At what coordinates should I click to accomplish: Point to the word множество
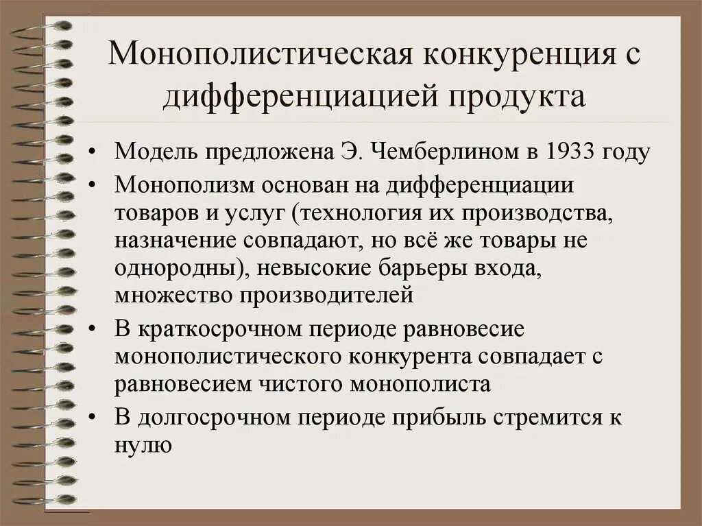point(167,296)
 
